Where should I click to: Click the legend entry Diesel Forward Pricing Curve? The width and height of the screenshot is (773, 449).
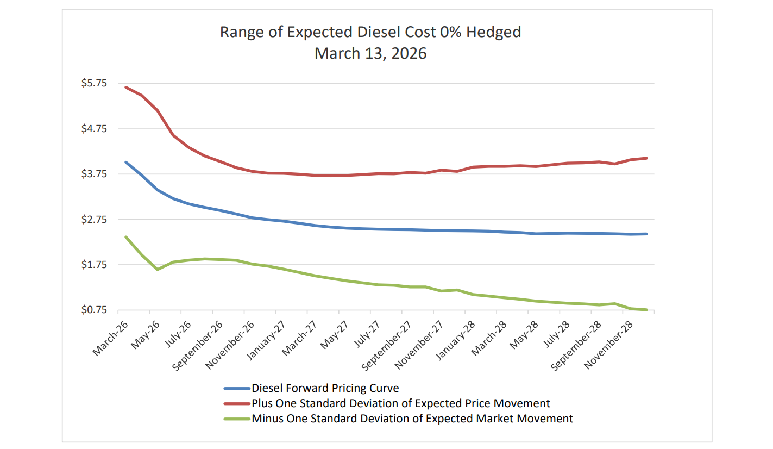(x=325, y=388)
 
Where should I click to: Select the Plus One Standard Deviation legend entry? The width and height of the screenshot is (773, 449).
(x=400, y=403)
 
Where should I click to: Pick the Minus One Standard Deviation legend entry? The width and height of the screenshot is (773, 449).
(x=412, y=419)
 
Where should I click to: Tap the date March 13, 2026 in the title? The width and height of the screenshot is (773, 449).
(x=370, y=53)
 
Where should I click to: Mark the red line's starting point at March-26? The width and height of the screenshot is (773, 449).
(x=126, y=87)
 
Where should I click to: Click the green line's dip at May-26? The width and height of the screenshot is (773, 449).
(x=158, y=270)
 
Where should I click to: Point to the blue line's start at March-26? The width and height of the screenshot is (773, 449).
(x=126, y=162)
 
